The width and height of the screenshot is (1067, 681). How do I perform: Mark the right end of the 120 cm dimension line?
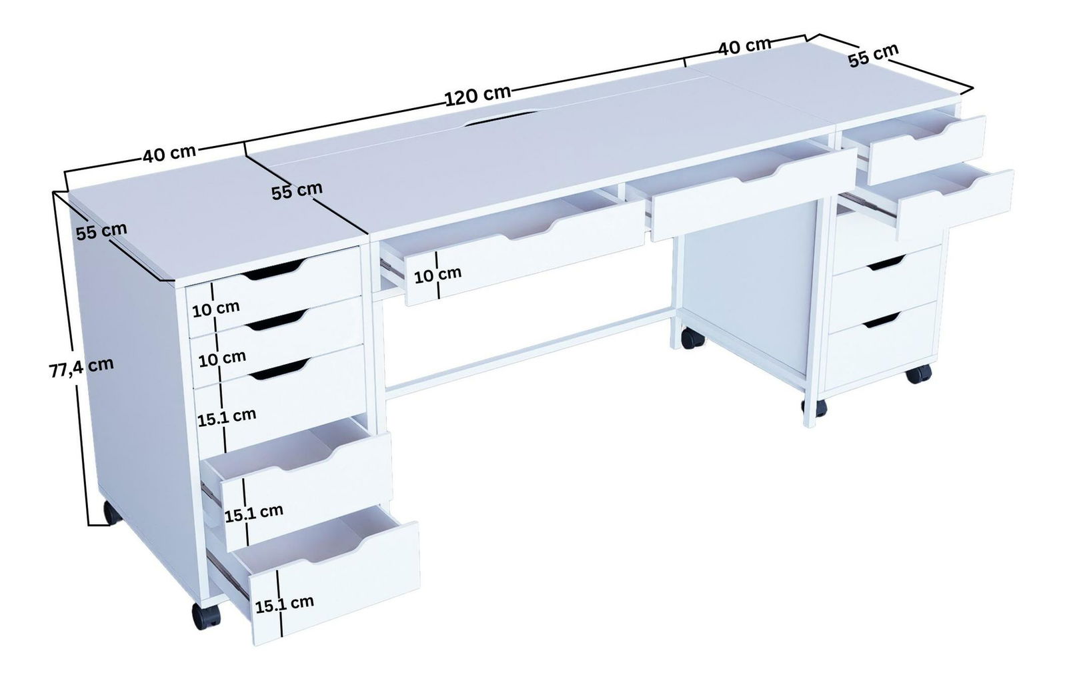click(x=685, y=59)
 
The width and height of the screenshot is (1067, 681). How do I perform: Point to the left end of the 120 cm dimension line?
click(x=245, y=143)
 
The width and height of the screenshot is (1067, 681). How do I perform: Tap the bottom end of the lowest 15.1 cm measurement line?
click(x=283, y=636)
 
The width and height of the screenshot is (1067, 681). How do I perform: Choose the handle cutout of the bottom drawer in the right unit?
click(x=881, y=321)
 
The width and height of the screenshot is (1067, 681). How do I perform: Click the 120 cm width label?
click(x=477, y=95)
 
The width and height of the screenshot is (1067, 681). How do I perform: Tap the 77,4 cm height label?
click(x=81, y=368)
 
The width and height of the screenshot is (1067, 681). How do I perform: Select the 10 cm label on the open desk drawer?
click(x=437, y=275)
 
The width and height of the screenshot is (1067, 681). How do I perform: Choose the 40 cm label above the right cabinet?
click(x=744, y=47)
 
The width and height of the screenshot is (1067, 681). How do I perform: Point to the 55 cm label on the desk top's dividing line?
click(x=297, y=191)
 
